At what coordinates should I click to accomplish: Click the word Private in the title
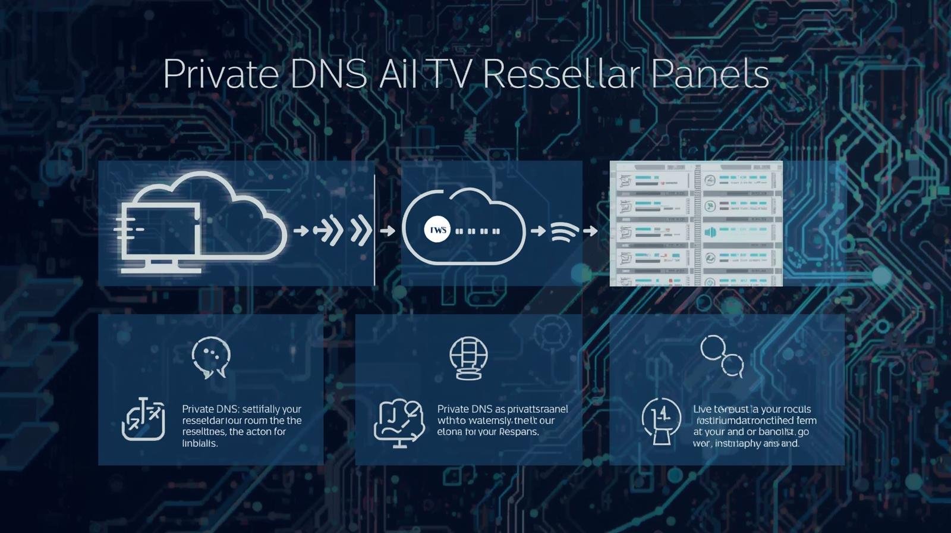coord(221,74)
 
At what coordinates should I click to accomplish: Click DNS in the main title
coord(328,74)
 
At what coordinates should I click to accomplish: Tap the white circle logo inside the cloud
coord(437,230)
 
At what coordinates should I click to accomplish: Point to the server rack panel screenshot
coord(696,223)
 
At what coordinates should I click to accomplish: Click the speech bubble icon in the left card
coord(211,357)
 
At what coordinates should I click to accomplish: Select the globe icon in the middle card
coord(468,358)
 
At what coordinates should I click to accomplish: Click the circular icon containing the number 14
coord(661,419)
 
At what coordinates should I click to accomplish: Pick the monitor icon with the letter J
coord(399,421)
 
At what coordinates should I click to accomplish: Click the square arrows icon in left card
coord(143,419)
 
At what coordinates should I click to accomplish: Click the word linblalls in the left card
coord(200,443)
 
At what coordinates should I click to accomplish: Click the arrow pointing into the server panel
coord(590,231)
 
